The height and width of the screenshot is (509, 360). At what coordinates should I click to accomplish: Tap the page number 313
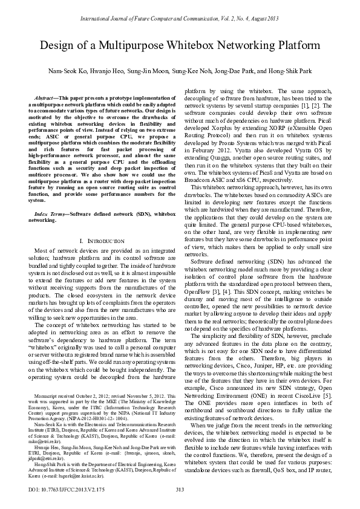point(180,489)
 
